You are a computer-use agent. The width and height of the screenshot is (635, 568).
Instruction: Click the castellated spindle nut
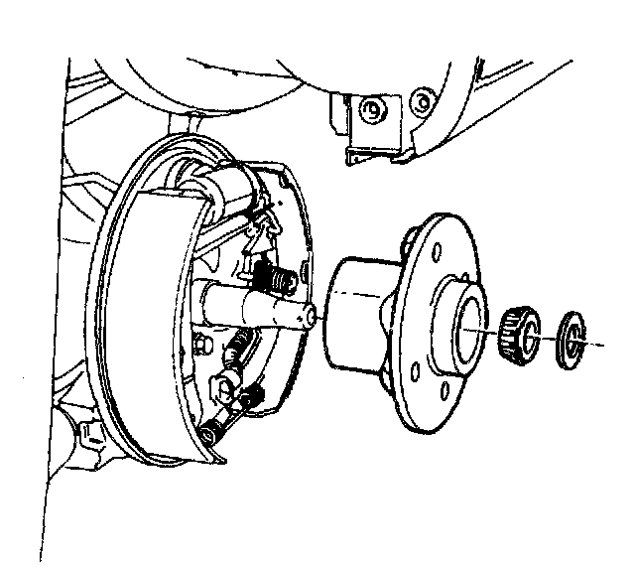[519, 331]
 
